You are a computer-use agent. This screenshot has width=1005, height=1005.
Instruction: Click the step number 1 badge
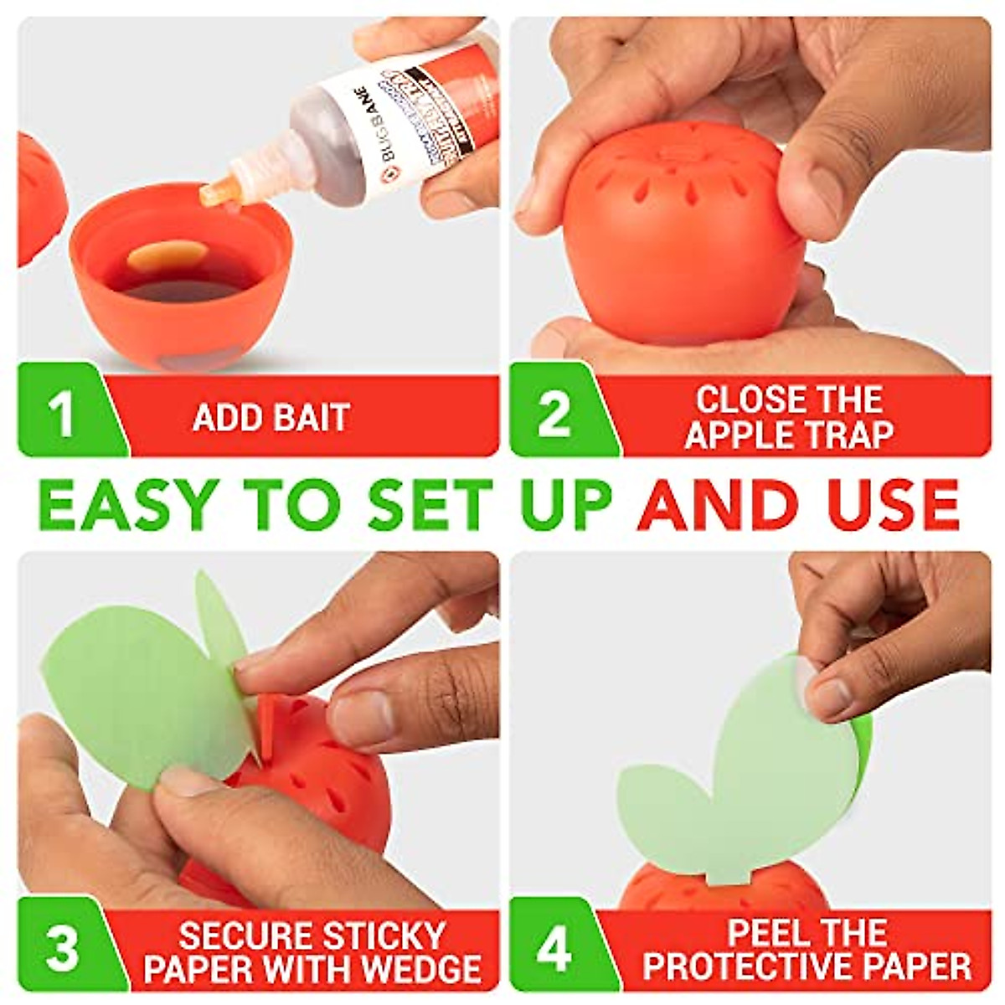(60, 414)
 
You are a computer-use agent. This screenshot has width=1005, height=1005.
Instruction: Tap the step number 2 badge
(553, 414)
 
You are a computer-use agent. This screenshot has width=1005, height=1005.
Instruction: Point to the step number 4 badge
(553, 949)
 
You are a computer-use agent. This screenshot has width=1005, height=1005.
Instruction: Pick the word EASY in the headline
(138, 505)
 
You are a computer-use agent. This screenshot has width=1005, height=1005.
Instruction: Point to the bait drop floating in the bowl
(167, 255)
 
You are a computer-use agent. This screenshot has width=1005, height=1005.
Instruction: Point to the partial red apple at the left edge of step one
(38, 201)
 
